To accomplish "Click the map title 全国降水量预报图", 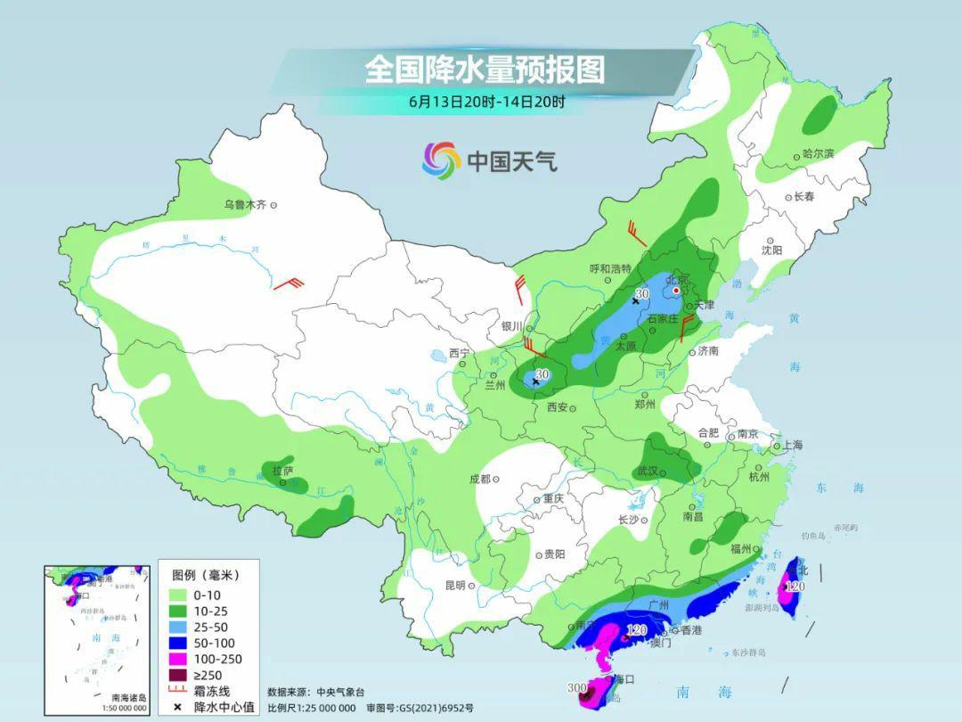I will pyautogui.click(x=485, y=69).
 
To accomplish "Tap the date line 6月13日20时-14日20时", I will pyautogui.click(x=486, y=102).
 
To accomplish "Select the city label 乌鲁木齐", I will pyautogui.click(x=245, y=205).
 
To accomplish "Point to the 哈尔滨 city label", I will pyautogui.click(x=818, y=154).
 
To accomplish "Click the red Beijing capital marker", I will pyautogui.click(x=677, y=290).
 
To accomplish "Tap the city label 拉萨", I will pyautogui.click(x=282, y=471).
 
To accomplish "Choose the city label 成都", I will pyautogui.click(x=480, y=479).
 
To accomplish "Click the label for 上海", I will pyautogui.click(x=792, y=445).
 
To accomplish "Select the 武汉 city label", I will pyautogui.click(x=648, y=471).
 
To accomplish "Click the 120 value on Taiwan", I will pyautogui.click(x=795, y=587).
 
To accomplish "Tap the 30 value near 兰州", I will pyautogui.click(x=542, y=374).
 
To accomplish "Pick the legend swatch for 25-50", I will pyautogui.click(x=177, y=627).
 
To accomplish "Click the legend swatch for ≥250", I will pyautogui.click(x=177, y=675).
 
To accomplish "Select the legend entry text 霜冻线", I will pyautogui.click(x=212, y=691).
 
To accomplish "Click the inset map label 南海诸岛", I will pyautogui.click(x=128, y=698).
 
